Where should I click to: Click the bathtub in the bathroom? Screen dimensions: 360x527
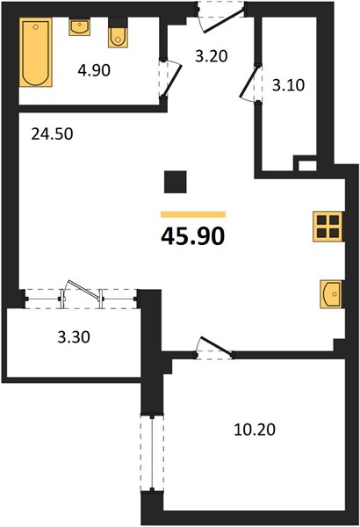36,53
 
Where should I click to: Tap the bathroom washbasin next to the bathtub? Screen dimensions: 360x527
79,27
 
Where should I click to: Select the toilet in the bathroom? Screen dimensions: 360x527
118,32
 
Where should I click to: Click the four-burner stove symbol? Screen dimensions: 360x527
328,227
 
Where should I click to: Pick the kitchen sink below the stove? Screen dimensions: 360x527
331,294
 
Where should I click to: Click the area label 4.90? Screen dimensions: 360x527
94,70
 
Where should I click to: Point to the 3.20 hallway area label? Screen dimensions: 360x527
212,56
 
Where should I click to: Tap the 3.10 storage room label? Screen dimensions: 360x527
288,85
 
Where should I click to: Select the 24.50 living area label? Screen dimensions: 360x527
52,134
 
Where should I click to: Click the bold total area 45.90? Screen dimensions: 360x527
193,236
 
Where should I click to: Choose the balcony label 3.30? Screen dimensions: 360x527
74,337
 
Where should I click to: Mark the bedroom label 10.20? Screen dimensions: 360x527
255,430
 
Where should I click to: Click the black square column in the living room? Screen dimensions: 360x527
175,182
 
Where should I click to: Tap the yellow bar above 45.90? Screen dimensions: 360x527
193,214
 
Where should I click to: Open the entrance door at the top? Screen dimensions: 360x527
224,21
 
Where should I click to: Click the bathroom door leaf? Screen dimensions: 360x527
172,80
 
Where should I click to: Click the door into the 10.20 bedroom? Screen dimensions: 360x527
215,345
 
